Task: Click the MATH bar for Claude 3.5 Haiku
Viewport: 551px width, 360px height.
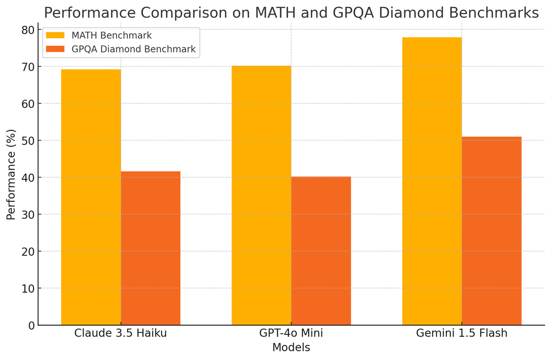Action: (91, 197)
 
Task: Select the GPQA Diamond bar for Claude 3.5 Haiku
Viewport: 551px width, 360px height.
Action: (151, 248)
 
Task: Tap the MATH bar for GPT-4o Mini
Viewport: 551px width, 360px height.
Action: (261, 195)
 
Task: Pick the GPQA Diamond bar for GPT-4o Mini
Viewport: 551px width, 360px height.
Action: (321, 251)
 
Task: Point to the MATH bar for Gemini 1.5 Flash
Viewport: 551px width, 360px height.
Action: (432, 181)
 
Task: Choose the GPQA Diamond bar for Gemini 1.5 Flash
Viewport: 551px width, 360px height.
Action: (491, 231)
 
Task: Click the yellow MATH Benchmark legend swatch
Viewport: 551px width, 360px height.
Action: (56, 35)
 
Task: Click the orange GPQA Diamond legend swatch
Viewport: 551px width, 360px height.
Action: (56, 49)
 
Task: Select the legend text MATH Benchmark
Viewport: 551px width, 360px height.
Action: (112, 35)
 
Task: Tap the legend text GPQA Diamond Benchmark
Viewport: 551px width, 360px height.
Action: (134, 49)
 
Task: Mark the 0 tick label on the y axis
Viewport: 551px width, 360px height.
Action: (31, 326)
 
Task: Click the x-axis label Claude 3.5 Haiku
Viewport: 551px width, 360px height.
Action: (120, 333)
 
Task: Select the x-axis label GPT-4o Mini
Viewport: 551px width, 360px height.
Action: (291, 333)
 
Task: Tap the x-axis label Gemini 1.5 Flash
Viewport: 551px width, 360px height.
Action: (462, 333)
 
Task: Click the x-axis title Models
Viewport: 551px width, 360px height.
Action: (291, 348)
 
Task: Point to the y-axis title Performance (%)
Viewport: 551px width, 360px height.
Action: (11, 174)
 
